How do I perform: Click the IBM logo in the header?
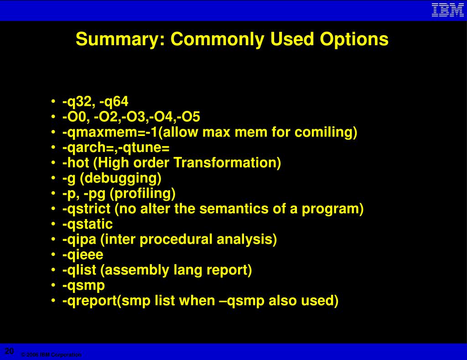448,10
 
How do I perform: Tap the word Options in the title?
354,39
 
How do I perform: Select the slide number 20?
9,351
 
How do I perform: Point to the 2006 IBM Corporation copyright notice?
51,355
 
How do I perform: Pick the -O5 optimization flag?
188,116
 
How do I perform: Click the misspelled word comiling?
326,132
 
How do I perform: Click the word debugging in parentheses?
120,178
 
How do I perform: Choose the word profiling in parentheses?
143,193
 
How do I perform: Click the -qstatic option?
88,224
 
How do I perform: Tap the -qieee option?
83,255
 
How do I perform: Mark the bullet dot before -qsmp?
53,285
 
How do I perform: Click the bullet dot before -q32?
53,101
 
